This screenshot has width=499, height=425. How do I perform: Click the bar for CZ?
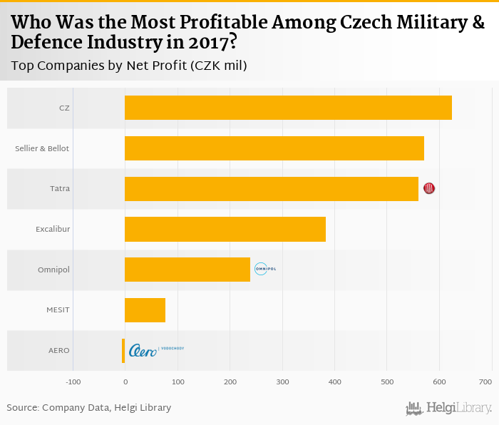[x=288, y=108]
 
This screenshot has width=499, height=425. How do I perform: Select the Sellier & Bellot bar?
[x=274, y=148]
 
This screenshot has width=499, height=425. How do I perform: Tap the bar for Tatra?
[x=272, y=188]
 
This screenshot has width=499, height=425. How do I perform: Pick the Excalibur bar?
[x=225, y=229]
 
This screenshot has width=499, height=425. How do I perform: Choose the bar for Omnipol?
[x=187, y=270]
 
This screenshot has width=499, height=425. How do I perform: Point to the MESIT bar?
[x=145, y=310]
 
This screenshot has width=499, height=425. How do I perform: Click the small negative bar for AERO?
[x=123, y=350]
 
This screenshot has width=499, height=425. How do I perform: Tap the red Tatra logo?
[x=429, y=188]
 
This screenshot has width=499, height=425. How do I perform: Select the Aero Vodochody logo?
[x=155, y=350]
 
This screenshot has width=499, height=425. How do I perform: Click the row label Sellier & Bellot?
[x=42, y=148]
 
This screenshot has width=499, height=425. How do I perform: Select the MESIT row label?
[x=58, y=310]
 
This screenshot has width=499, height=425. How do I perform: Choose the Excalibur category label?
[x=53, y=229]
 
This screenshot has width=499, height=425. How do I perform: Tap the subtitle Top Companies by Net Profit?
[x=129, y=66]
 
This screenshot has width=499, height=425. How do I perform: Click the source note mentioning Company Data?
[x=89, y=408]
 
